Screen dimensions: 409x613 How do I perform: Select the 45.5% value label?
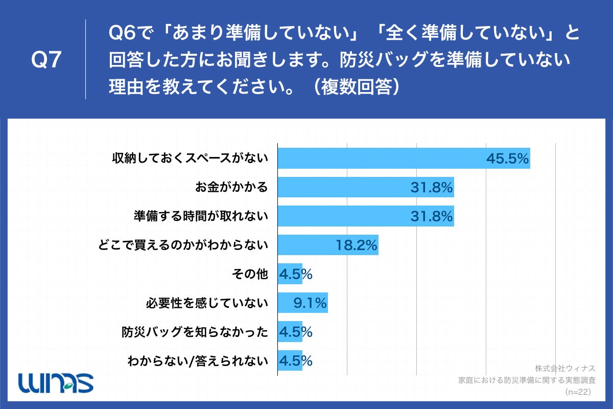tap(507, 158)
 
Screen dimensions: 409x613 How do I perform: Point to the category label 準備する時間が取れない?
tap(201, 216)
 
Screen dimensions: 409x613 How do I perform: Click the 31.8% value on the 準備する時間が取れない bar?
tap(432, 217)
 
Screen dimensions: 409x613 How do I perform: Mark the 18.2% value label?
tap(357, 246)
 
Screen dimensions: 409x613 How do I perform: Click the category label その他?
tap(250, 275)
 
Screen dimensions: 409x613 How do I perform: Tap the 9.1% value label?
tap(310, 304)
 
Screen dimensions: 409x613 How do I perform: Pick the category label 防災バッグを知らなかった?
tap(195, 332)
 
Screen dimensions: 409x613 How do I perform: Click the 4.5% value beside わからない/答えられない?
tap(295, 361)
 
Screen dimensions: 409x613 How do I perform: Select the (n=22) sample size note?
tap(577, 392)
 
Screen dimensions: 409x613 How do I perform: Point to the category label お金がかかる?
tap(231, 187)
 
